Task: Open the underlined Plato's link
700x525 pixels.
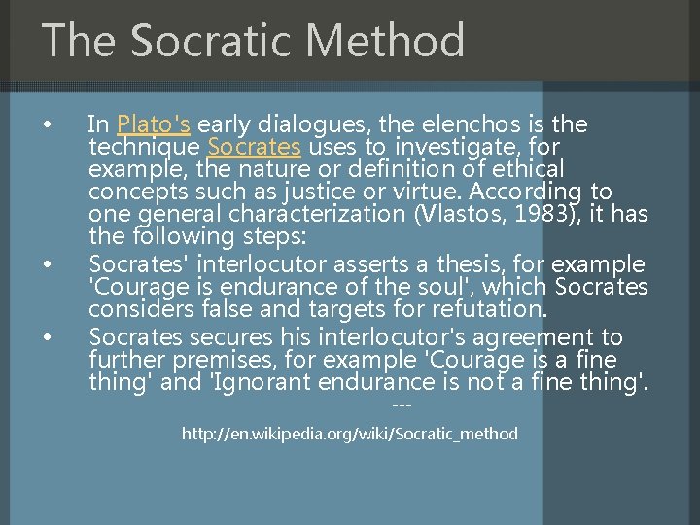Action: point(154,123)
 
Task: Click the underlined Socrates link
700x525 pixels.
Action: point(254,147)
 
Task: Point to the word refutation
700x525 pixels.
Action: point(492,310)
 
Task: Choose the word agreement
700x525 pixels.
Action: point(515,336)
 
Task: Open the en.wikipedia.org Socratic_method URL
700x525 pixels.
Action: point(350,434)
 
